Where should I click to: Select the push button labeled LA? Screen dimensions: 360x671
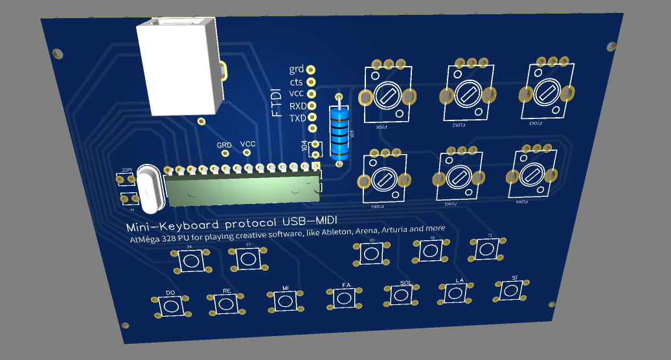(x=455, y=292)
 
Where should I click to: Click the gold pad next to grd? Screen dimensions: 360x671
(x=312, y=69)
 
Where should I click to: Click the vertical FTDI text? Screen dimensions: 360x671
(x=277, y=102)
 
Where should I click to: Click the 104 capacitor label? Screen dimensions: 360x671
(x=304, y=146)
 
